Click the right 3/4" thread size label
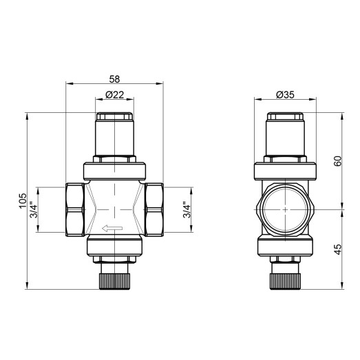pyautogui.click(x=187, y=210)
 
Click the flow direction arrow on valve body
pyautogui.click(x=112, y=229)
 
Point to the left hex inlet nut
pyautogui.click(x=72, y=209)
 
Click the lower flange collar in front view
pyautogui.click(x=114, y=246)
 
